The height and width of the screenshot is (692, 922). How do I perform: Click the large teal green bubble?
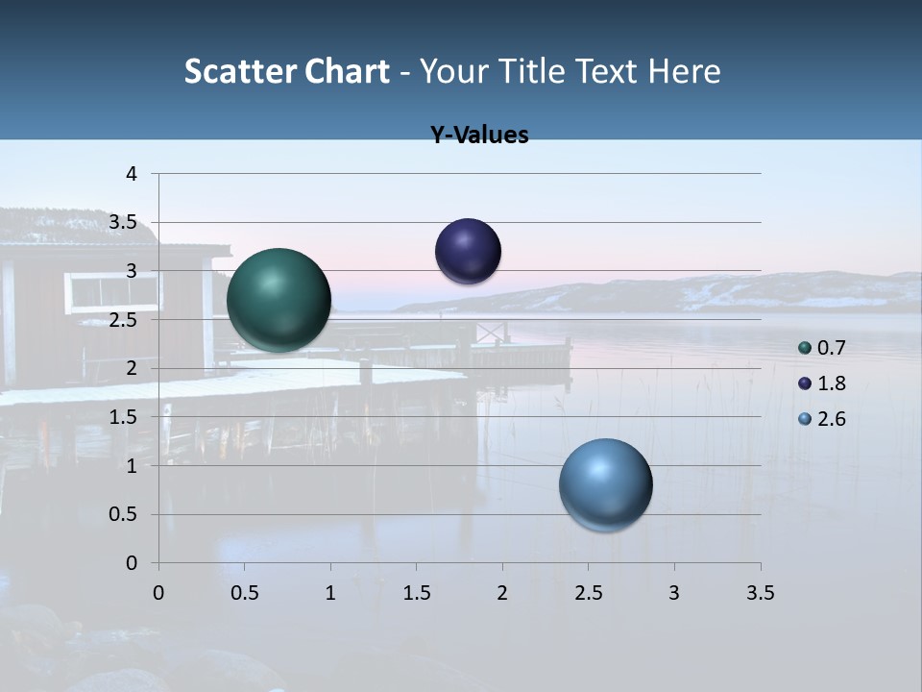(279, 300)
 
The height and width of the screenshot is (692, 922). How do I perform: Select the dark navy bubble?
(468, 252)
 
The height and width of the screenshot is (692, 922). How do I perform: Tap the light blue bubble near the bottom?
(605, 484)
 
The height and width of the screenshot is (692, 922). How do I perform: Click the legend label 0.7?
(831, 348)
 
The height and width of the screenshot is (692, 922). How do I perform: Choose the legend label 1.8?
(831, 383)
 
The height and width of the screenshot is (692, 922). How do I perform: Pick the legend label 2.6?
(831, 419)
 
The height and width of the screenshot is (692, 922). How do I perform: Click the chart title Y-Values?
(479, 136)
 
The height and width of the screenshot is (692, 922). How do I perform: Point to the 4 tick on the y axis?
(133, 174)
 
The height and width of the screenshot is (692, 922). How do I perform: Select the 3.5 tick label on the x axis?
(761, 593)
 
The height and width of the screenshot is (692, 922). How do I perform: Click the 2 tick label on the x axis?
(502, 593)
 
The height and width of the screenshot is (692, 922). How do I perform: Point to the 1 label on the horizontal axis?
(330, 593)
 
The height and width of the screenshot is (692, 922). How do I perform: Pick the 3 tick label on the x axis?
(674, 593)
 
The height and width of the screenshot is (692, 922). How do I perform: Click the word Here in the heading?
(685, 71)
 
